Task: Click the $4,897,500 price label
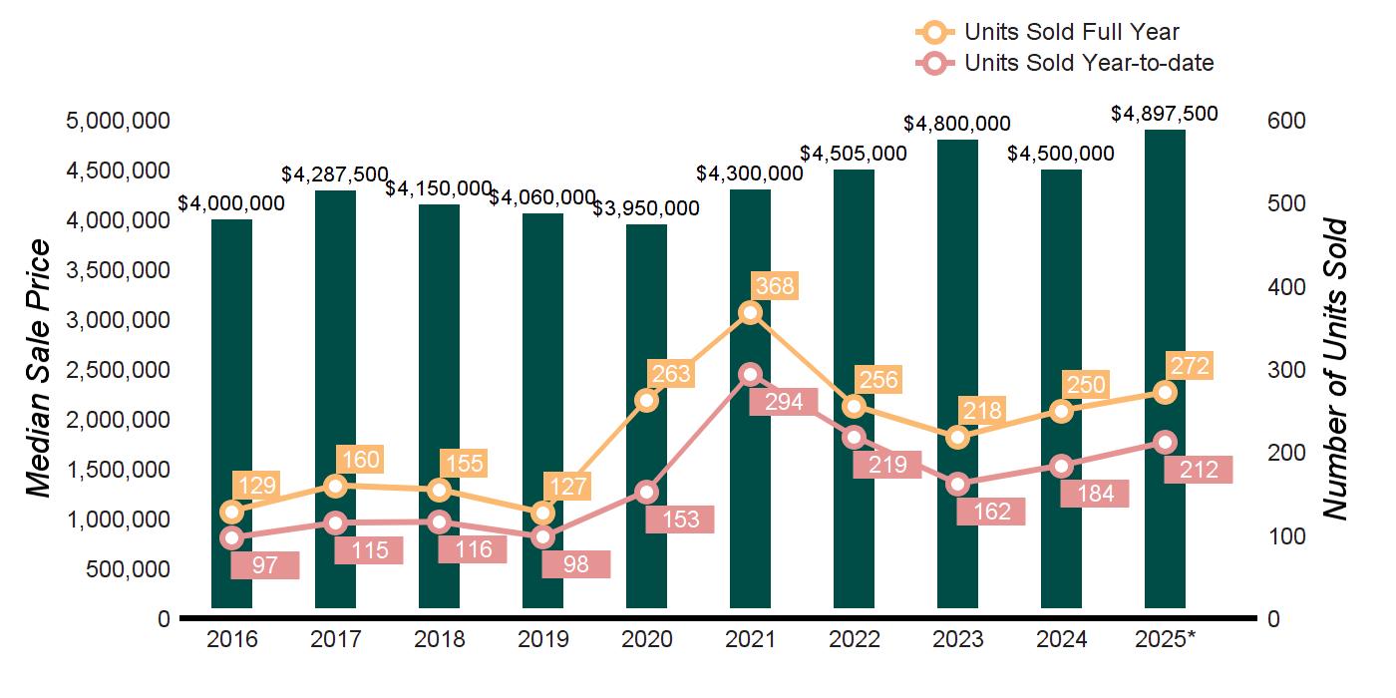pos(1165,115)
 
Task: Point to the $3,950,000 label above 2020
pos(646,208)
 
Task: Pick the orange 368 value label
pos(774,287)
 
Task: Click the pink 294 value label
pos(783,403)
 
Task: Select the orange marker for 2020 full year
pos(646,401)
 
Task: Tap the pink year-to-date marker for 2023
pos(958,485)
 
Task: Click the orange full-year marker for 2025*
pos(1165,393)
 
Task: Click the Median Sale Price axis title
pos(38,369)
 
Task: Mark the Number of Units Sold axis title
pos(1335,369)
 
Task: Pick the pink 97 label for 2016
pos(265,565)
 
